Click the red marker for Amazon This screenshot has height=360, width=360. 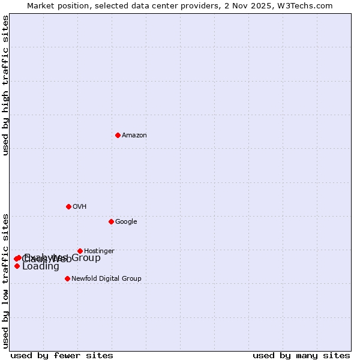[x=118, y=135]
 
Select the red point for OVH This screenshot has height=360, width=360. [x=68, y=206]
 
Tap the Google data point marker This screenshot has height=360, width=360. [x=111, y=221]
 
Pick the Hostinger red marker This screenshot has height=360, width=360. [x=80, y=251]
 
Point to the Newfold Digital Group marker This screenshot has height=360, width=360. [x=67, y=278]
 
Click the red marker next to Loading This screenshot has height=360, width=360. [x=17, y=266]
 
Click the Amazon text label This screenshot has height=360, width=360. [x=134, y=135]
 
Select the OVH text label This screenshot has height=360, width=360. [x=80, y=206]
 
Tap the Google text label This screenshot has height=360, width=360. [x=126, y=221]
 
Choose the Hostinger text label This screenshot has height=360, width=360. [x=99, y=251]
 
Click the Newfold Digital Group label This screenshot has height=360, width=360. [x=106, y=278]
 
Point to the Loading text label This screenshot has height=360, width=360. [x=41, y=266]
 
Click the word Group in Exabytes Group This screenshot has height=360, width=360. [x=86, y=258]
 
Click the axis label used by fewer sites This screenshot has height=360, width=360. [x=62, y=355]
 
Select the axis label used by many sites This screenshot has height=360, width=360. [x=301, y=355]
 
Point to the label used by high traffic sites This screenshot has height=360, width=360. [x=5, y=85]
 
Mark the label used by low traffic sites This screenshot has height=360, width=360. [x=5, y=280]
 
